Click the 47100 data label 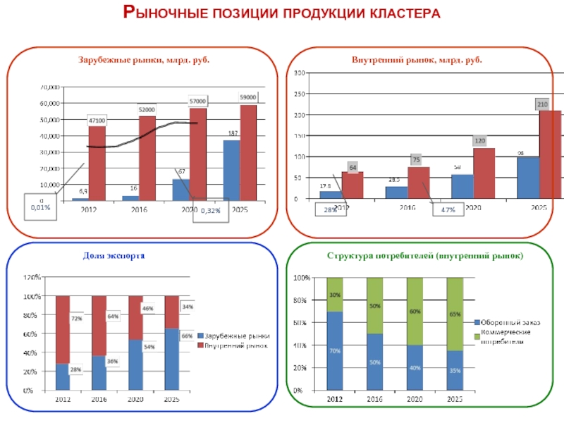[97, 121]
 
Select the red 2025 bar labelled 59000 [248, 152]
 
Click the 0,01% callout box [42, 207]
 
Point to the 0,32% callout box [211, 211]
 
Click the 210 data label [542, 104]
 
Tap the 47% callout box [448, 210]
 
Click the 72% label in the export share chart [76, 319]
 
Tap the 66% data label [187, 336]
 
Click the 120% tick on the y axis [32, 278]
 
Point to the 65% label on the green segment [455, 314]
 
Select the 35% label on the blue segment [455, 370]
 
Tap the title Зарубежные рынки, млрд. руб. [144, 60]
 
